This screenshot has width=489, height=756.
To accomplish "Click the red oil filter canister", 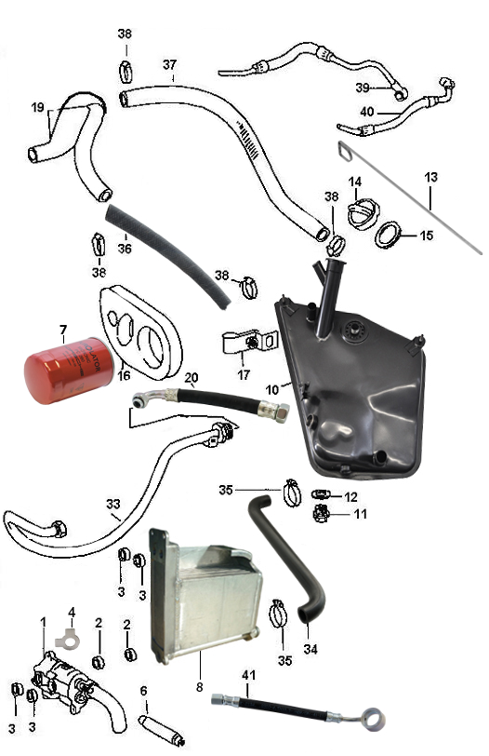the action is click(69, 371).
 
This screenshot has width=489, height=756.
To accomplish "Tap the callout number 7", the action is click(63, 331).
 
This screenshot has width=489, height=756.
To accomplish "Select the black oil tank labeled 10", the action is click(350, 376).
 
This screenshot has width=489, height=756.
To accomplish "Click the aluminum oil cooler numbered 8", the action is click(206, 596).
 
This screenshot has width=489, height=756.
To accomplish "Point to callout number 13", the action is click(430, 177).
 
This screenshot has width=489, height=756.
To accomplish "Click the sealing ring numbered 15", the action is click(389, 235).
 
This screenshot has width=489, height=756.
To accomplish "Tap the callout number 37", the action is click(169, 64).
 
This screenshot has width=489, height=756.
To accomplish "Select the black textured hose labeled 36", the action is click(168, 256).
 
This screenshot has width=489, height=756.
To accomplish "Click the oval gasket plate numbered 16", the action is click(141, 331).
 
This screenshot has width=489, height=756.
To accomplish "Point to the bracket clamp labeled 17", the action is click(250, 342).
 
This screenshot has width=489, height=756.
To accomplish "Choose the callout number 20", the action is click(192, 377).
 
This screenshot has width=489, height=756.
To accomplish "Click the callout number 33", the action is click(113, 504).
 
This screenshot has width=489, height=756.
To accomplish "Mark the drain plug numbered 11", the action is click(321, 514).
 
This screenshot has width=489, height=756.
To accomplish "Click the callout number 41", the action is click(248, 675).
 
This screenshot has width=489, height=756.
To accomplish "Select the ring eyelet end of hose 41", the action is click(374, 719).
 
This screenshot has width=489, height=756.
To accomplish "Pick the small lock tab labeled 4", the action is click(66, 641).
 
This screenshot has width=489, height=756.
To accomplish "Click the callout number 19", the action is click(37, 107).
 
